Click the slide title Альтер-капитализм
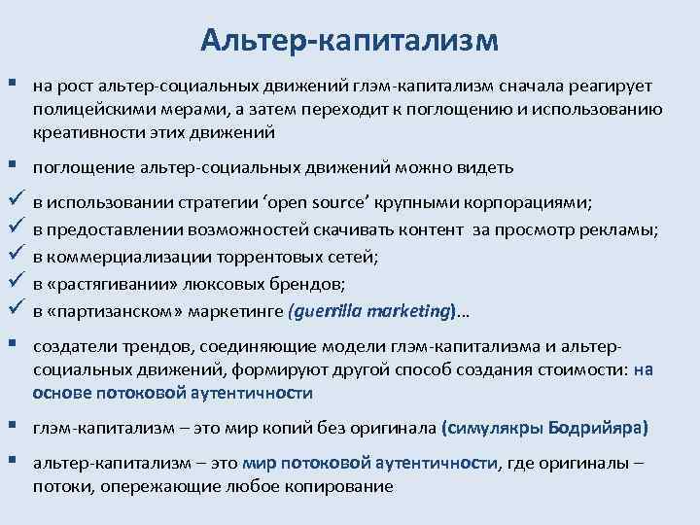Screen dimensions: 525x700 coord(349,39)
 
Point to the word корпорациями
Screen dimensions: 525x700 coord(532,203)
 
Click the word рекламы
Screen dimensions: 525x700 coord(625,229)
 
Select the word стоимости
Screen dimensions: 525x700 coord(580,370)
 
